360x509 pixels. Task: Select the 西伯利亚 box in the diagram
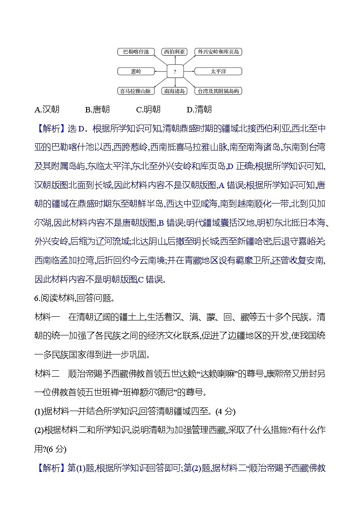(175, 52)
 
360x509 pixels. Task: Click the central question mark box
(175, 72)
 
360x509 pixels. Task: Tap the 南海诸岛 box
(175, 91)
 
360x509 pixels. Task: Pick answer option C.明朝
(148, 109)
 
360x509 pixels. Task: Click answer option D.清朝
(199, 109)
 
